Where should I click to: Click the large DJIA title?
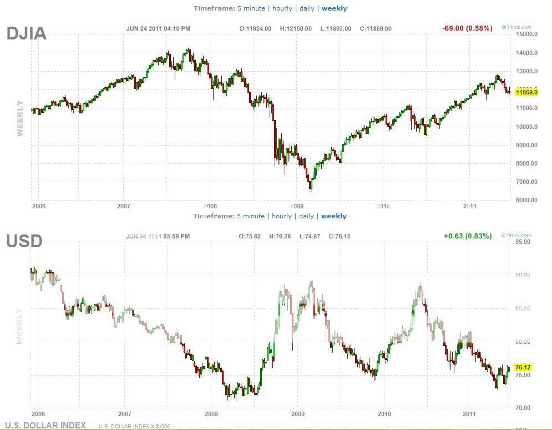point(26,34)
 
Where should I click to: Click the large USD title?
point(24,241)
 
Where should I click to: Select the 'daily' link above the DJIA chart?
point(307,8)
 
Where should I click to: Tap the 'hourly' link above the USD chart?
point(281,216)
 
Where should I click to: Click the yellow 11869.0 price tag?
point(526,92)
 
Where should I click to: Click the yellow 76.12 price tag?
point(523,367)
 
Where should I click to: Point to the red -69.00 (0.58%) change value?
point(467,28)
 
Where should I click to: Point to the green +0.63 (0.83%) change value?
point(468,236)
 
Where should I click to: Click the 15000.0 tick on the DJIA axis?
point(526,34)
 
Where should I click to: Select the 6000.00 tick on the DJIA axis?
point(526,200)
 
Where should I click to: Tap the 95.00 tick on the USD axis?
point(522,242)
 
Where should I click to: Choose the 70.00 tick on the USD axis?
point(522,408)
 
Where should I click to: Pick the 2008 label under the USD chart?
point(211,414)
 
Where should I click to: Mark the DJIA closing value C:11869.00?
point(376,29)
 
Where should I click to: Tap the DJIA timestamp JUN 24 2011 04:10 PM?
point(158,29)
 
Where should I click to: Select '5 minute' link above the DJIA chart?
point(251,8)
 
